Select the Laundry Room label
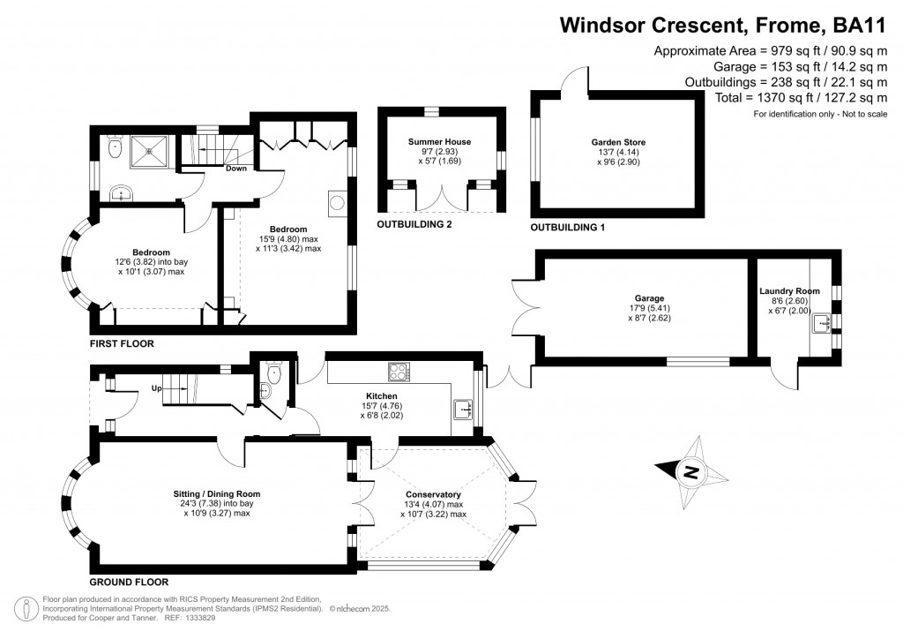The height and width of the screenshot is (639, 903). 789,291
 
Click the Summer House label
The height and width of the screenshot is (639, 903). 439,141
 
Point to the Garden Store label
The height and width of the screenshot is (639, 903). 618,141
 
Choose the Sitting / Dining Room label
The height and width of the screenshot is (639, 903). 217,493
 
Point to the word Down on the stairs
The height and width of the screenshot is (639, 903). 235,168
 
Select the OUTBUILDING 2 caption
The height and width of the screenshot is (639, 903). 414,225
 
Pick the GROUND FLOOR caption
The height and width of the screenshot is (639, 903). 129,583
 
